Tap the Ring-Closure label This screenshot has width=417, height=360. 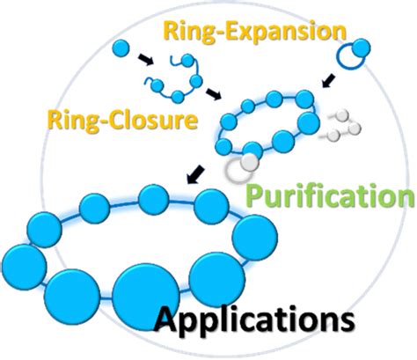click(x=142, y=119)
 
